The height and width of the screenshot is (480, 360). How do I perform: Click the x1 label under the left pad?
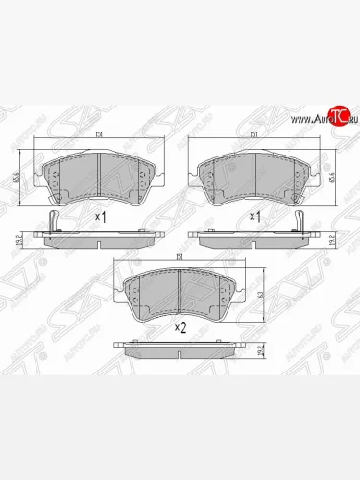pos(100,217)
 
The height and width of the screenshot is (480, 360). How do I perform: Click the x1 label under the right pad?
pos(255,217)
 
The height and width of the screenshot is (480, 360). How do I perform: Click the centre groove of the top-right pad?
pos(253,176)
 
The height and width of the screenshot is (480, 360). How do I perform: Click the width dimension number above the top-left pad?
pos(100,136)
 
